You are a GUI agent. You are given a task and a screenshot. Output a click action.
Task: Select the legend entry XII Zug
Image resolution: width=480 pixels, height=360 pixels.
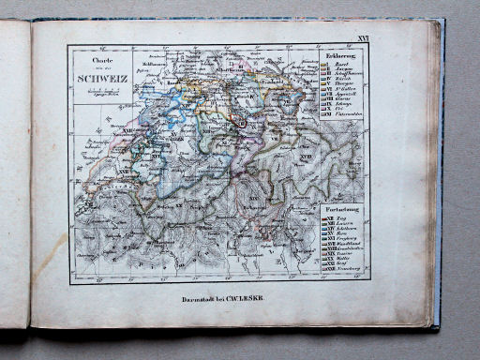[x=340, y=216]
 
